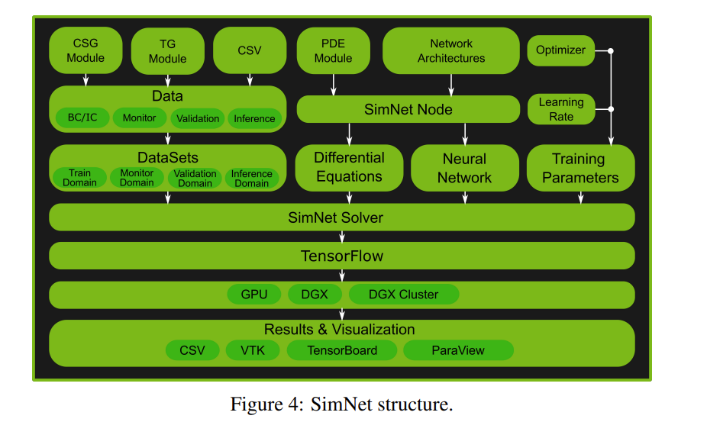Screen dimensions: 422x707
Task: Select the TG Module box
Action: point(167,51)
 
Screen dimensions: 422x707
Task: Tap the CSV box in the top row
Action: point(249,50)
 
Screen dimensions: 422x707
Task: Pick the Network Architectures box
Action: point(450,51)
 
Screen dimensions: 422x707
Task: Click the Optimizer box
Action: point(560,50)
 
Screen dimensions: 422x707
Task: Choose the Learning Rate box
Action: point(560,109)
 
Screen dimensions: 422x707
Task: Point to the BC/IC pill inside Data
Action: point(82,118)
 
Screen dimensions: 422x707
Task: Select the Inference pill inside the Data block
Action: point(254,118)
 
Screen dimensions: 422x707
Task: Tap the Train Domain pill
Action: point(79,178)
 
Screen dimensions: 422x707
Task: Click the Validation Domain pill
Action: point(195,178)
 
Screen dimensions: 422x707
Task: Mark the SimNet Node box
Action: point(408,109)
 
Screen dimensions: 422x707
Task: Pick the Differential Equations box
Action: point(349,167)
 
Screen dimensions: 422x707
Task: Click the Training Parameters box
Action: point(580,168)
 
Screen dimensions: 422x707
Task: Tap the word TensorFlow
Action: point(341,256)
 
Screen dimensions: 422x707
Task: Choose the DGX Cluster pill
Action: point(403,295)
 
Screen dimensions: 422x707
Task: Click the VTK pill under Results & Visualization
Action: point(252,350)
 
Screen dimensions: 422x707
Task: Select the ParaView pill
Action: point(457,350)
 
